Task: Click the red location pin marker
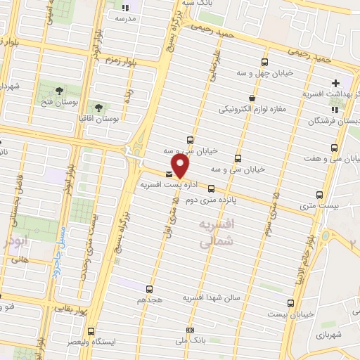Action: click(181, 165)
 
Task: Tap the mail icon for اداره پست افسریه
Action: click(169, 174)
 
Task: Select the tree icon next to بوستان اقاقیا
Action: click(98, 106)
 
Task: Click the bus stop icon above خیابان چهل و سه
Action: click(264, 62)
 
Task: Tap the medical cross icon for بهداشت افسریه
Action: click(336, 83)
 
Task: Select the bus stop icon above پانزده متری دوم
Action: click(212, 188)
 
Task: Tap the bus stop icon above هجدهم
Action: click(148, 288)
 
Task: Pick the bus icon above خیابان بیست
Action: click(290, 302)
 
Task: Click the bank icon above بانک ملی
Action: click(189, 330)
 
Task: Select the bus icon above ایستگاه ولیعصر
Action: click(90, 331)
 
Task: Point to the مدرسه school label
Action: click(131, 18)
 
